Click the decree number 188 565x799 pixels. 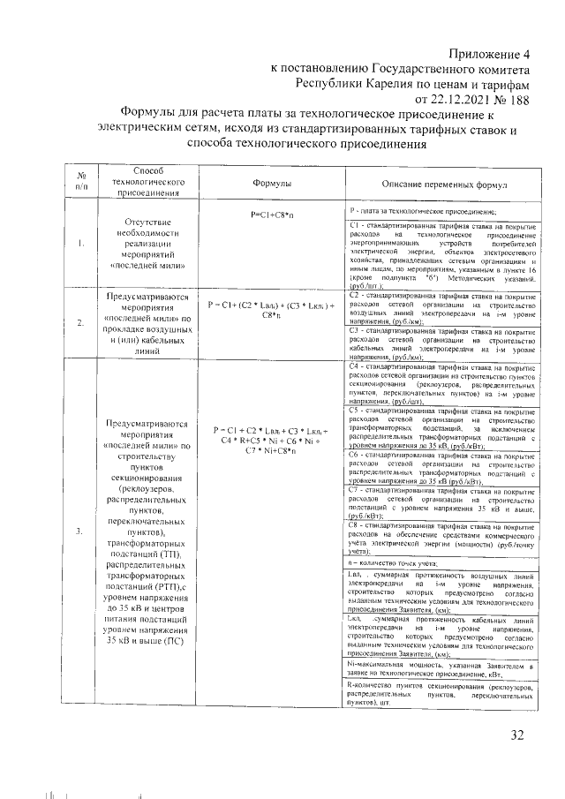pos(523,99)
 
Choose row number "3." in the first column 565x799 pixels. pos(80,531)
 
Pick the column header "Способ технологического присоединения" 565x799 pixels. pos(147,181)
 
